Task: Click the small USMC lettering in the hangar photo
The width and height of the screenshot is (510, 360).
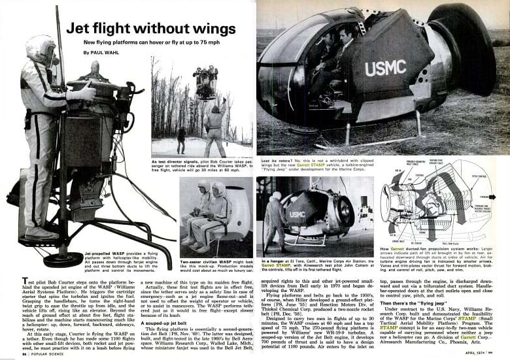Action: [297, 214]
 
